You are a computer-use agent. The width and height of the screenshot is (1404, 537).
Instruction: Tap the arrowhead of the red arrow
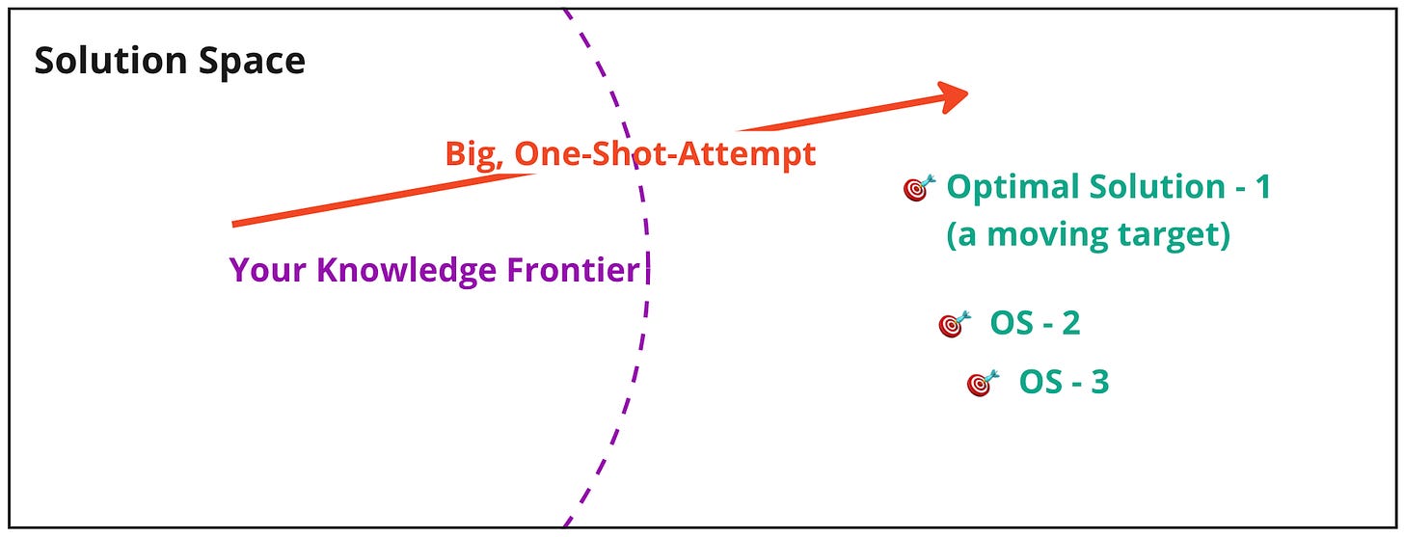(955, 95)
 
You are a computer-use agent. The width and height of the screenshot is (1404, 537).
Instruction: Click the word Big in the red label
(471, 154)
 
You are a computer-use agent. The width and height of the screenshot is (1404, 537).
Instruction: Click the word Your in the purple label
(268, 271)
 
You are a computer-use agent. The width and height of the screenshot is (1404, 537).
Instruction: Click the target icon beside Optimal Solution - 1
(919, 188)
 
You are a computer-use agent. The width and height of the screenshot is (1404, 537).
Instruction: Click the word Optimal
(1011, 187)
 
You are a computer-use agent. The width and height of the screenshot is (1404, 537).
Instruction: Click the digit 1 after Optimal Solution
(1263, 187)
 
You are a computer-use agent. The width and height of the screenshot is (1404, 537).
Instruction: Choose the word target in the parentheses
(1176, 236)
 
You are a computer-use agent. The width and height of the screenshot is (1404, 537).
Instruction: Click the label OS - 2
(1035, 324)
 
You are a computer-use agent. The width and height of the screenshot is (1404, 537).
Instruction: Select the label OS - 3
(1064, 383)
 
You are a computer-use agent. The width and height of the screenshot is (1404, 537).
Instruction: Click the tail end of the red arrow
(234, 225)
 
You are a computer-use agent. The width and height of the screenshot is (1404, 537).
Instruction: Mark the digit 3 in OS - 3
(1099, 383)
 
